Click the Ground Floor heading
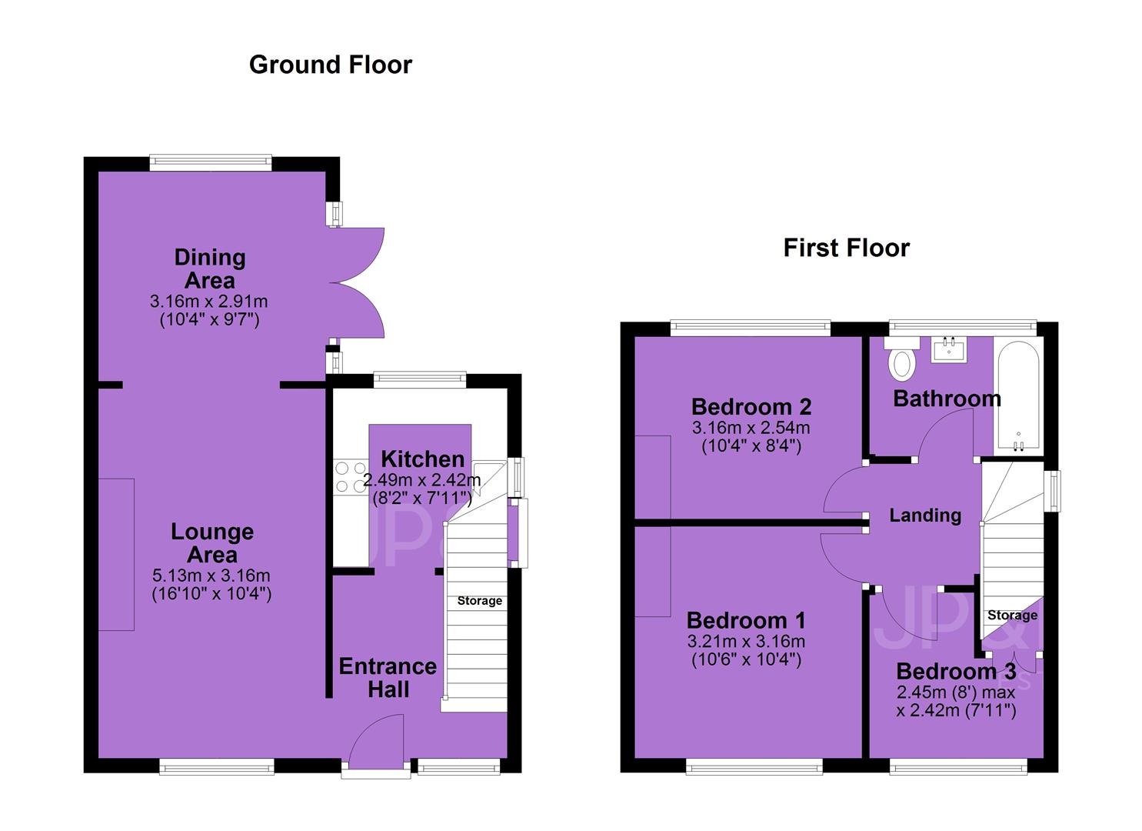click(x=331, y=65)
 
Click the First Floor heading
click(x=846, y=248)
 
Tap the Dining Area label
click(x=209, y=269)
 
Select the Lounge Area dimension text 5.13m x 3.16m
click(x=211, y=576)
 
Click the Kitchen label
click(x=423, y=459)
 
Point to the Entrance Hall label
click(x=388, y=678)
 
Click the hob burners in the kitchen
click(x=351, y=477)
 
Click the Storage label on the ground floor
click(x=479, y=601)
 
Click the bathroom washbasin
click(x=949, y=349)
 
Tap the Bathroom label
click(x=947, y=399)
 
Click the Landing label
click(x=925, y=516)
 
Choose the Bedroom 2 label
click(x=751, y=406)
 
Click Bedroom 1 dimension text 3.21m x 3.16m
click(x=747, y=641)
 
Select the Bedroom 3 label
click(x=957, y=671)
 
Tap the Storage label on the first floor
click(x=1013, y=616)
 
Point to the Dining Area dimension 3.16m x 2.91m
click(x=209, y=302)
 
